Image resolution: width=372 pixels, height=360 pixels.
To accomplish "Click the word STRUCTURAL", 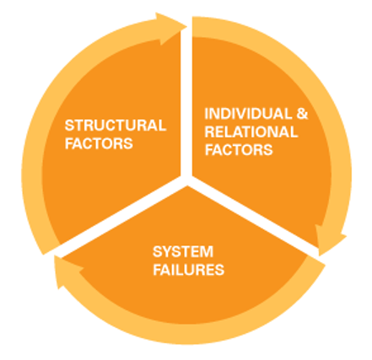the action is (x=116, y=126).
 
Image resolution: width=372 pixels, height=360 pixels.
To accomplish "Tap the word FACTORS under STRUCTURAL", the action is (x=99, y=143).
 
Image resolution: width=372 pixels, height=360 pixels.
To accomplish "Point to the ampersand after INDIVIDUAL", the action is (x=302, y=114).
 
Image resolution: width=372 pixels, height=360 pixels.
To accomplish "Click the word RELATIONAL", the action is (x=251, y=132).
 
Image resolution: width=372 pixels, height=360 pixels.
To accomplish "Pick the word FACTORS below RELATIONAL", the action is (x=239, y=149).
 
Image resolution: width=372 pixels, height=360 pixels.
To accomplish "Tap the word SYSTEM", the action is (x=183, y=251).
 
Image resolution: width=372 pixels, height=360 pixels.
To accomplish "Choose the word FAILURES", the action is (x=188, y=269).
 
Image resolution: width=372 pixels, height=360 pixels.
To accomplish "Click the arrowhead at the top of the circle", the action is (x=171, y=28).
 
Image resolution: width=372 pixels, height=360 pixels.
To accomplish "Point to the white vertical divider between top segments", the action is (x=186, y=101).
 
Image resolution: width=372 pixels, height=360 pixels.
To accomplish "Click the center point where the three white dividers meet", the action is (x=186, y=180).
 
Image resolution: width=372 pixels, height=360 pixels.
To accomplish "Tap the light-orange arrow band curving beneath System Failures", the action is (x=191, y=334).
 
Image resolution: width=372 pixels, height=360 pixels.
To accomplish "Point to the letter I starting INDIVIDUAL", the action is (x=207, y=114).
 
